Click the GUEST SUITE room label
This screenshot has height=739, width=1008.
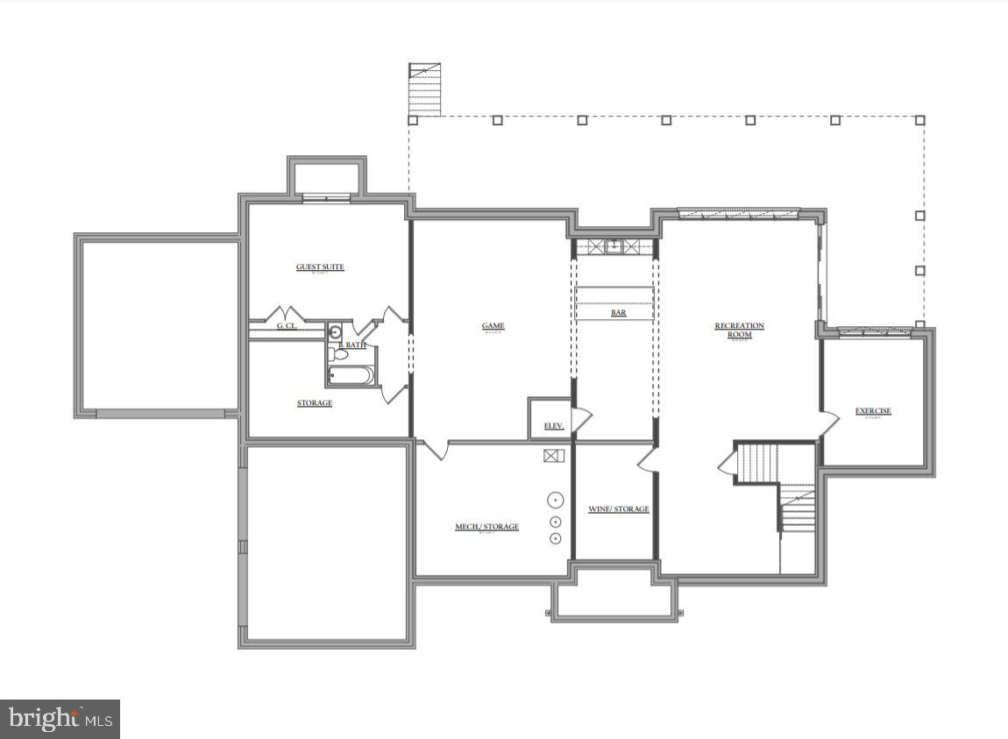coord(320,267)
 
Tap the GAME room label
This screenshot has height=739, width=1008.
coord(493,326)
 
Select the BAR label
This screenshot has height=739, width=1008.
coord(618,312)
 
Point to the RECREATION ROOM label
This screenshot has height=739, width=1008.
coord(739,330)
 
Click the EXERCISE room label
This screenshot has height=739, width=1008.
coord(873,411)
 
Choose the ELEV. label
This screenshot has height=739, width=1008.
coord(553,426)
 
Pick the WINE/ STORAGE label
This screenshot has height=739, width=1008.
coord(618,509)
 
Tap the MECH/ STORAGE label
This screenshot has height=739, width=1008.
coord(486,527)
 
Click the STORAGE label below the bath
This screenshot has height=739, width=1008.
coord(314,403)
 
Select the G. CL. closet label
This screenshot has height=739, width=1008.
coord(287,326)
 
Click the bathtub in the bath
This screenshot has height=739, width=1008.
coord(351,376)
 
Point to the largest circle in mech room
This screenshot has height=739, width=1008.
coord(556,501)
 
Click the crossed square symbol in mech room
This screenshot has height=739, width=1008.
coord(553,456)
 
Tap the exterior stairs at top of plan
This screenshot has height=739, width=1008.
coord(425,89)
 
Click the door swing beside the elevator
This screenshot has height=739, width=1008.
coord(581,419)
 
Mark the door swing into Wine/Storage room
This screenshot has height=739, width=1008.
coord(647,459)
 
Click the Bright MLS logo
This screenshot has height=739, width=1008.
coord(60,719)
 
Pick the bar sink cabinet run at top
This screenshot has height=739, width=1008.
coord(614,246)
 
